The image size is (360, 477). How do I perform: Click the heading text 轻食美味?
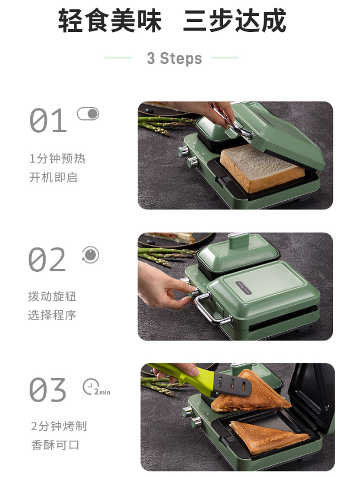click(110, 20)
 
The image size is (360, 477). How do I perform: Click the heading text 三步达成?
click(234, 20)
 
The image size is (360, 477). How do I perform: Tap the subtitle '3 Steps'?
click(174, 58)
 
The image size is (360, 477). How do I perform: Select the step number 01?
click(48, 120)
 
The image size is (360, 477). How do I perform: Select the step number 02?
click(47, 259)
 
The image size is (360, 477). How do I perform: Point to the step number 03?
click(47, 390)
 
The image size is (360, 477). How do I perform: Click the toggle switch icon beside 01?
click(88, 114)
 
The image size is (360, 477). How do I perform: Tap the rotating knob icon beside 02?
click(90, 255)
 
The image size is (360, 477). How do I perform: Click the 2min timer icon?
click(96, 387)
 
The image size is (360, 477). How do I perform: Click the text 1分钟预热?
click(57, 158)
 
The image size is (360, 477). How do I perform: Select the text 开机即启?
click(53, 177)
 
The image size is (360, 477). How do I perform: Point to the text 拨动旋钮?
click(52, 297)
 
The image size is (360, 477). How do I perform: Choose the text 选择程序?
click(52, 315)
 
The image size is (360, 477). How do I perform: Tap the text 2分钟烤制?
click(59, 426)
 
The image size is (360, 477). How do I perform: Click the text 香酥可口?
click(55, 445)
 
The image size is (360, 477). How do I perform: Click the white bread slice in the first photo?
click(261, 168)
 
